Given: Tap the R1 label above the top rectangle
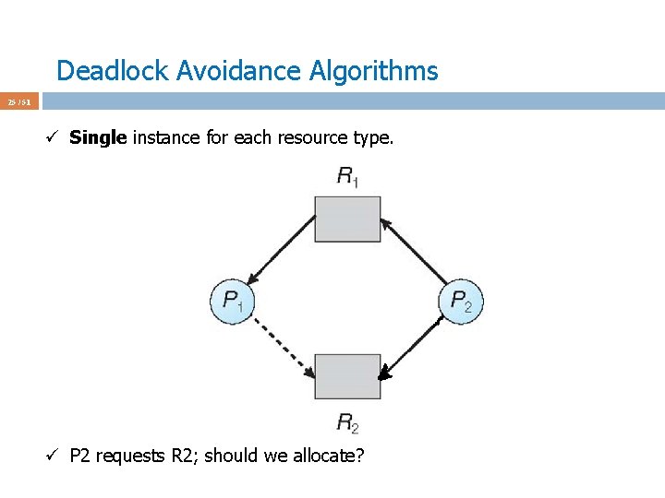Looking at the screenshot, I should (x=347, y=177).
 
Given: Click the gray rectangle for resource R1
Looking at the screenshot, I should (x=347, y=219).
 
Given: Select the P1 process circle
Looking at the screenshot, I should (x=232, y=301).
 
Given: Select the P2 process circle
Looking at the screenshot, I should (x=461, y=301).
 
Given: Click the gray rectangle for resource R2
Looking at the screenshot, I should (x=347, y=376).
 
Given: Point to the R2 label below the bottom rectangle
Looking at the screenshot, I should (x=347, y=423).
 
